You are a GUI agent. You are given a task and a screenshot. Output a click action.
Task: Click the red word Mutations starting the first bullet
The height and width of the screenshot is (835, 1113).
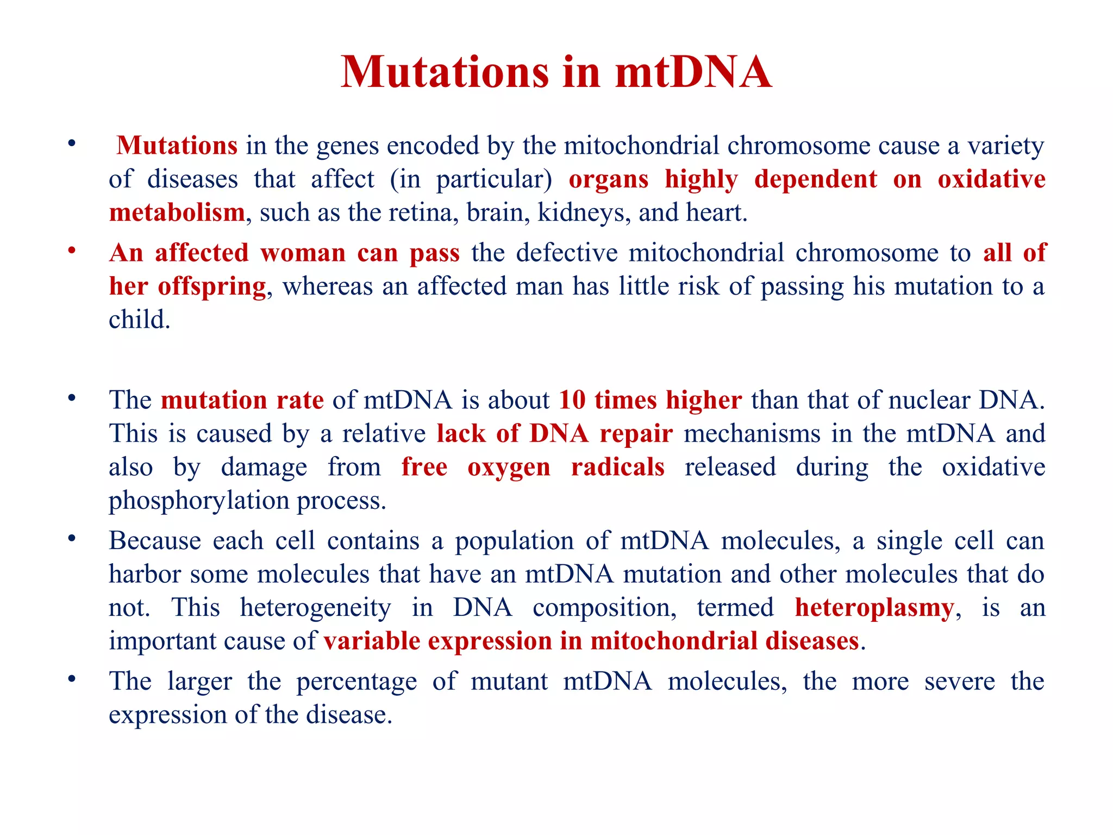pyautogui.click(x=177, y=146)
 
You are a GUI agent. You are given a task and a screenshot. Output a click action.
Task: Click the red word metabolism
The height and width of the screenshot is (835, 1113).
pyautogui.click(x=177, y=213)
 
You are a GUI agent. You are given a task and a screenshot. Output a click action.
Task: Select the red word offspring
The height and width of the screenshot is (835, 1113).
pyautogui.click(x=211, y=286)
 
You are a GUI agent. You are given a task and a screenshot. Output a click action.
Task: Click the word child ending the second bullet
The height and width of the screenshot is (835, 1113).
pyautogui.click(x=139, y=320)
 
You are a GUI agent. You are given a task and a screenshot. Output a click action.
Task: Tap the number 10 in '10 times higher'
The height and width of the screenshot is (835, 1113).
pyautogui.click(x=572, y=400)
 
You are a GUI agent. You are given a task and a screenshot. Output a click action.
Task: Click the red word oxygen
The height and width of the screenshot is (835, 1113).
pyautogui.click(x=509, y=467)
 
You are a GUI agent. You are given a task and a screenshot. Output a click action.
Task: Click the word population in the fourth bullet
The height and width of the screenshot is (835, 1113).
pyautogui.click(x=514, y=541)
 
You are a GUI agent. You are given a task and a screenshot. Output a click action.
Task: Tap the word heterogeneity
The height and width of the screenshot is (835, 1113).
pyautogui.click(x=315, y=608)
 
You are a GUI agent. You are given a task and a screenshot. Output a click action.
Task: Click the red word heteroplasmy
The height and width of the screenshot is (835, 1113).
pyautogui.click(x=874, y=608)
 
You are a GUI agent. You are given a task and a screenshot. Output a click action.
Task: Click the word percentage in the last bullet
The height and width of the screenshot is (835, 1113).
pyautogui.click(x=357, y=682)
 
